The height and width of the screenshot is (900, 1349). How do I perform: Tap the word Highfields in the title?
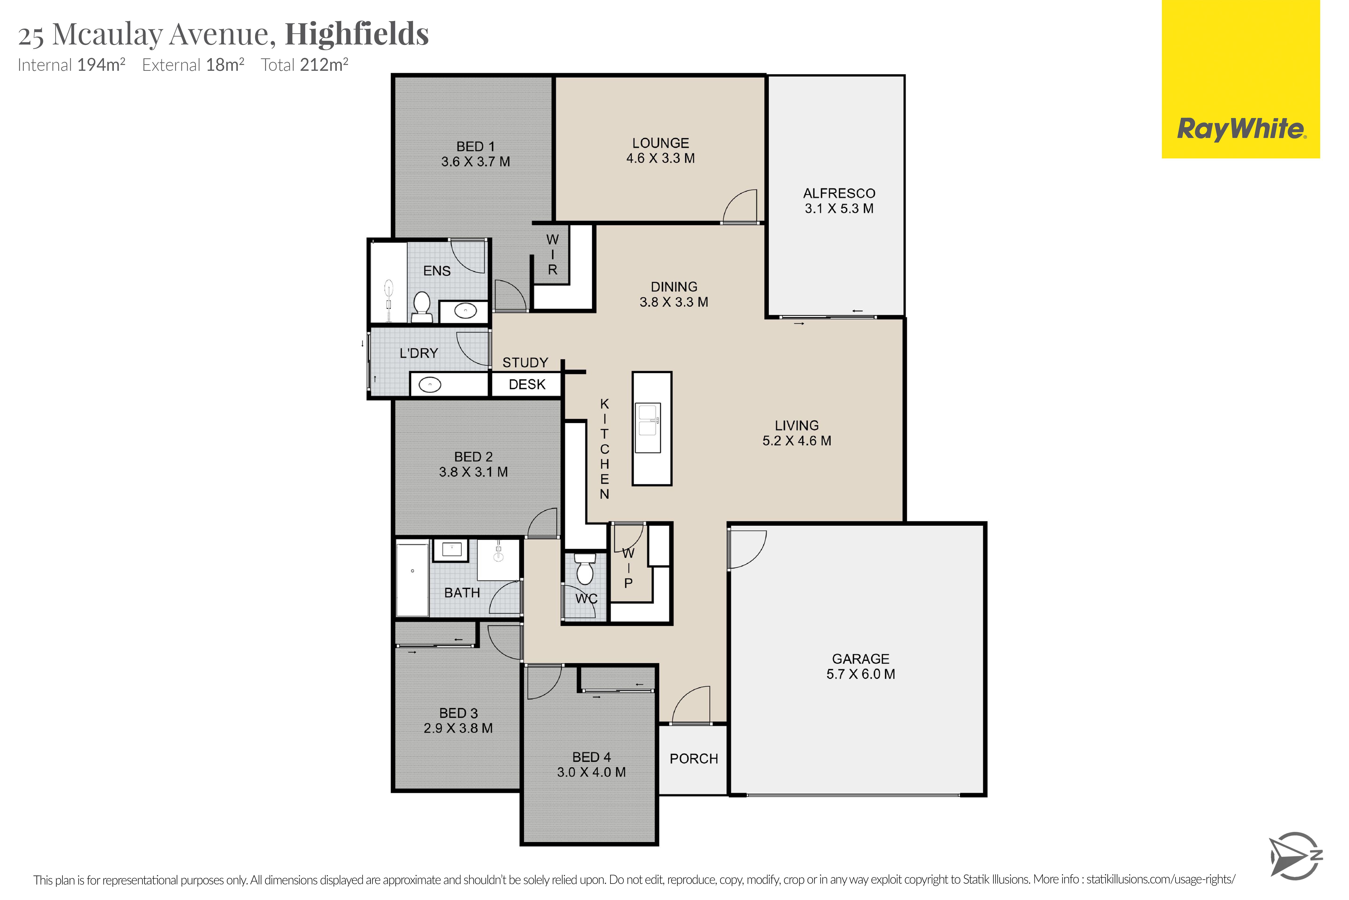pyautogui.click(x=357, y=34)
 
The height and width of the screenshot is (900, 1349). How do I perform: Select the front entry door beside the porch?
pyautogui.click(x=691, y=705)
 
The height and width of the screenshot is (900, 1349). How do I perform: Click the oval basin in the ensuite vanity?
pyautogui.click(x=465, y=312)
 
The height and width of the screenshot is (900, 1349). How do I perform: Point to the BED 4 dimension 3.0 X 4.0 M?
pyautogui.click(x=591, y=772)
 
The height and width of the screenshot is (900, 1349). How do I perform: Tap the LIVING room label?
pyautogui.click(x=797, y=425)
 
